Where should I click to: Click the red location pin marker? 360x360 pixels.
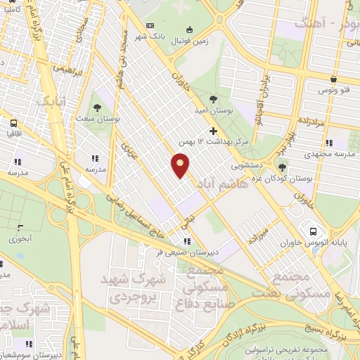click(x=181, y=165)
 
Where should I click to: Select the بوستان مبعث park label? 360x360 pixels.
click(x=97, y=119)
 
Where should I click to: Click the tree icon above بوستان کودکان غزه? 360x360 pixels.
click(x=282, y=167)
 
